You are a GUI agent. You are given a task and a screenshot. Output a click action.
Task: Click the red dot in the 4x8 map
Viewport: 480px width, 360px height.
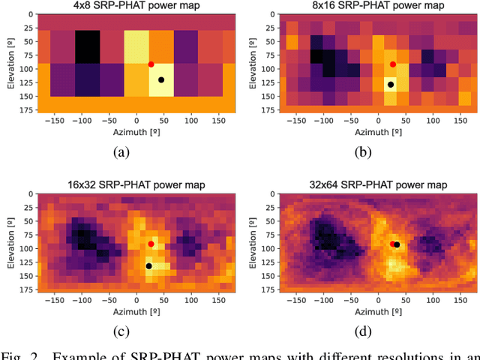tap(151, 64)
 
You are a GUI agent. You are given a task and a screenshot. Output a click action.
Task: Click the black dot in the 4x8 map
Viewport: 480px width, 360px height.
tap(161, 80)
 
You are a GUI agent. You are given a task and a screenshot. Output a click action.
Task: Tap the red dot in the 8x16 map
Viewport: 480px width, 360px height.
tap(392, 64)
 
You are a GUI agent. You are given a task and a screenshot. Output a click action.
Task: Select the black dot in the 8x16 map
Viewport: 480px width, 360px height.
tap(390, 85)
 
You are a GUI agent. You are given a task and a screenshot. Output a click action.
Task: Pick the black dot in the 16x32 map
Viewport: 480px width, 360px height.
tap(148, 266)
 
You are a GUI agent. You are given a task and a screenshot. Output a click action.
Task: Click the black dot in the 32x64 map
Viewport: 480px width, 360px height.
tap(397, 244)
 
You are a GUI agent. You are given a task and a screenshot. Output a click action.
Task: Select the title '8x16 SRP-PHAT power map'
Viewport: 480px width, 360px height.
tap(378, 6)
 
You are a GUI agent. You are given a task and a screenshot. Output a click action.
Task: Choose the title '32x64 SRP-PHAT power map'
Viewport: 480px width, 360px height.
tap(378, 185)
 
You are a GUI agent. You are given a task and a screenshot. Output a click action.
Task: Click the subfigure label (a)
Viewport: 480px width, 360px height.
tap(120, 152)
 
